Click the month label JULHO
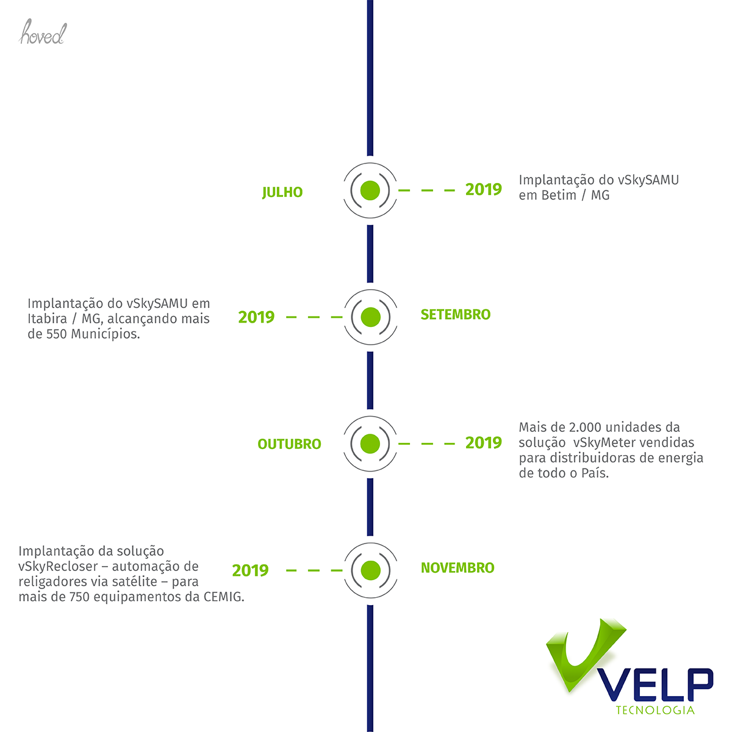282,192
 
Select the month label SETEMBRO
456,315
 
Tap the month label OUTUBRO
289,444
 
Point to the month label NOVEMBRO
457,568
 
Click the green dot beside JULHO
370,190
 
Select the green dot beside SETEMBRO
370,317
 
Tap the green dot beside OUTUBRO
370,443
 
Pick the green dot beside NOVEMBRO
370,570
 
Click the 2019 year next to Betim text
484,190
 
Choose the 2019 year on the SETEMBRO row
256,317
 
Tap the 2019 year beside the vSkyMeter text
484,443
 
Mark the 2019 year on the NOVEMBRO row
250,570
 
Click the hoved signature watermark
43,32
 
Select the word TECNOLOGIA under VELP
655,710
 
